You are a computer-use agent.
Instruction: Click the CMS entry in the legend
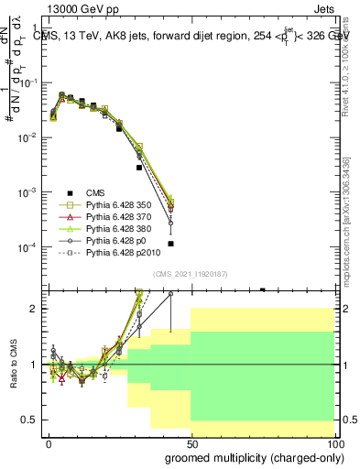coord(95,191)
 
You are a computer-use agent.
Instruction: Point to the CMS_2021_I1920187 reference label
coord(191,274)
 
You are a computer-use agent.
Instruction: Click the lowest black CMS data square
coord(171,244)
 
